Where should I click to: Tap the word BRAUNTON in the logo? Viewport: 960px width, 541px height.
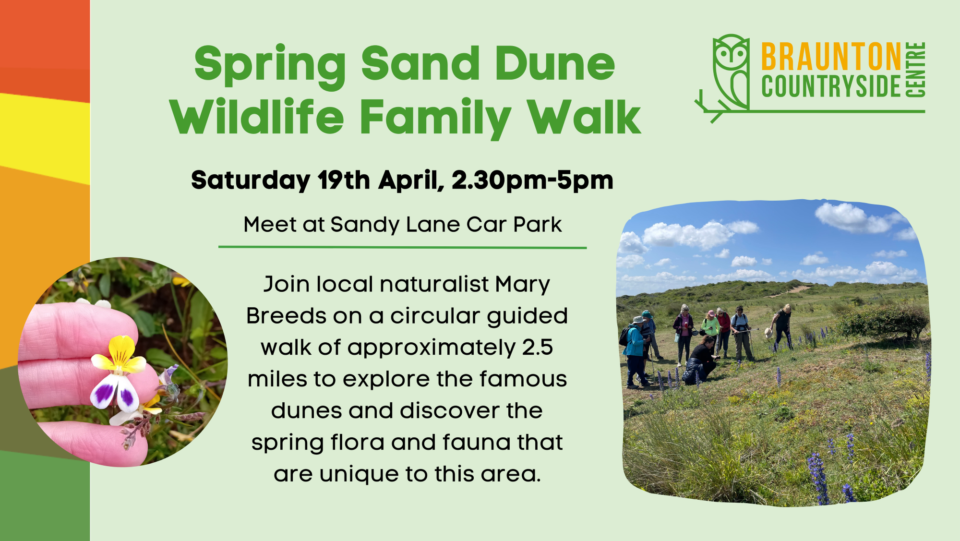831,57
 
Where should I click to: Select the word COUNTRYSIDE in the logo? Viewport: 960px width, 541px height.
831,86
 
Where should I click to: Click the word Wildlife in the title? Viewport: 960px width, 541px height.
257,117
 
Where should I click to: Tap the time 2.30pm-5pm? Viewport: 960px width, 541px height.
532,181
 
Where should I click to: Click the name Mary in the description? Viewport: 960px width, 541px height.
523,285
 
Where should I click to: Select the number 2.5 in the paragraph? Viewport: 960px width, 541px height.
538,347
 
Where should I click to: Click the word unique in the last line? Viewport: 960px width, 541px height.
359,475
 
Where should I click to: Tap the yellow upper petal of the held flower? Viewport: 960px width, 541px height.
121,349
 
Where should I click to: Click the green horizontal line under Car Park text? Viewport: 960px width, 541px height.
403,248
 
